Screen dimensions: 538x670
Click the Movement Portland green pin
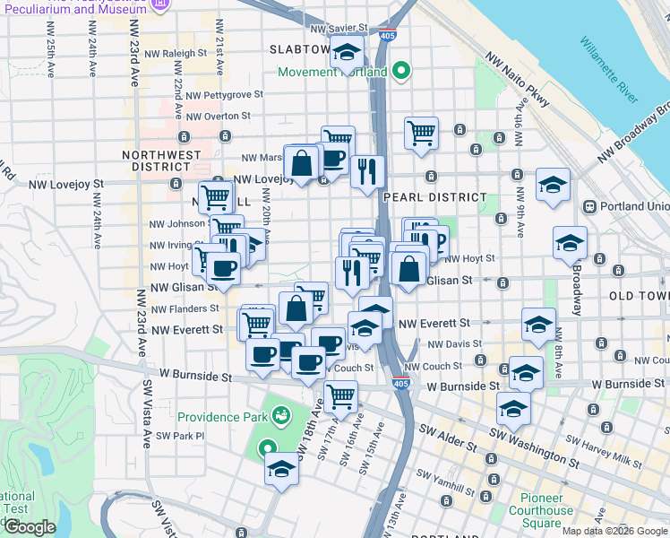point(402,69)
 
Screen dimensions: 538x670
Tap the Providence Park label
point(221,417)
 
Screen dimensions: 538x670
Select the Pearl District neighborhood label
point(434,196)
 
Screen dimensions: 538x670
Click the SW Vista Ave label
point(146,412)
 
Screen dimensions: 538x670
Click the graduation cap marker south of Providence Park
point(281,469)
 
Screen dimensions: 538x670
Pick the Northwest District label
point(162,161)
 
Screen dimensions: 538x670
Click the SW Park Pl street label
point(180,436)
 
